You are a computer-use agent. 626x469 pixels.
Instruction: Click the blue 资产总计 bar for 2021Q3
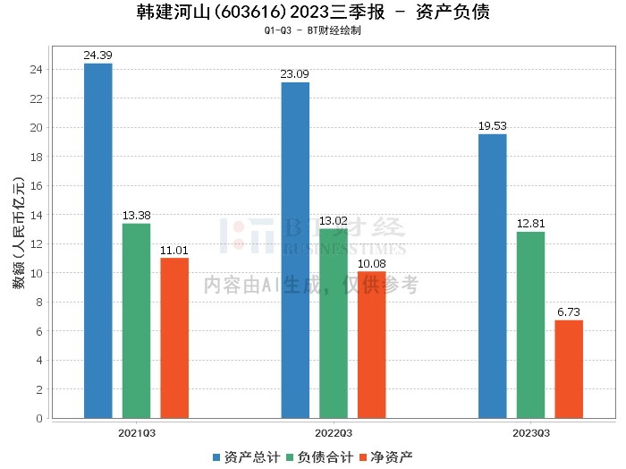tap(97, 241)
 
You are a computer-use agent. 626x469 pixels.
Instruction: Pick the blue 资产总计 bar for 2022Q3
tap(295, 250)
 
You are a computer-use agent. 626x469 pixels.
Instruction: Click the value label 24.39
tap(97, 55)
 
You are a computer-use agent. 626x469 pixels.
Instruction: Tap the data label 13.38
tap(136, 216)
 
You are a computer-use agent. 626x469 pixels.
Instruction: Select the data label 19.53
tap(492, 126)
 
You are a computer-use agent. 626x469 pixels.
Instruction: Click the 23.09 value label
tap(295, 74)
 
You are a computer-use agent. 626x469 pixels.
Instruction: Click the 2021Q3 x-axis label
tap(136, 433)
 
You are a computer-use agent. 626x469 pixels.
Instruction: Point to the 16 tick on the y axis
tap(37, 185)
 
